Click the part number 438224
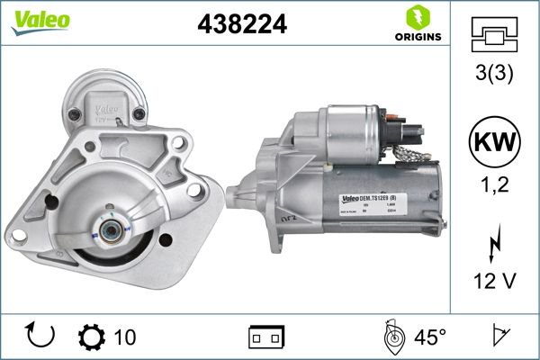(x=242, y=26)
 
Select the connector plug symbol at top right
(x=493, y=34)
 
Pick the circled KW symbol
(x=493, y=140)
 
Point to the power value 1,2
(x=493, y=186)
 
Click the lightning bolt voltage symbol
(x=493, y=244)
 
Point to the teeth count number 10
(x=125, y=337)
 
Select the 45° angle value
(x=430, y=337)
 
